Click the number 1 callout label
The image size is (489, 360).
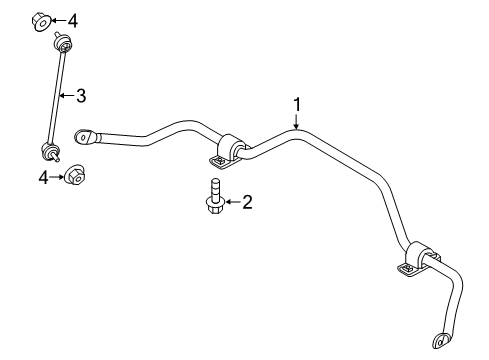pos(297,104)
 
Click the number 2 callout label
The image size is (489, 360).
pos(247,203)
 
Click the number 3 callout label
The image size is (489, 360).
pos(81,96)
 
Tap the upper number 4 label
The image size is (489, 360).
pos(70,19)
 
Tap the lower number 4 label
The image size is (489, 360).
pos(43,177)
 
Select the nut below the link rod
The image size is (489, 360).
pos(75,177)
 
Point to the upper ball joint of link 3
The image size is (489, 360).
pos(62,45)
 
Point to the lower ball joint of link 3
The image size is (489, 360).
pos(48,152)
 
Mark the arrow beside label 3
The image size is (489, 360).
pos(65,96)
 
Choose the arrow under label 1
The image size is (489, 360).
pos(297,122)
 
